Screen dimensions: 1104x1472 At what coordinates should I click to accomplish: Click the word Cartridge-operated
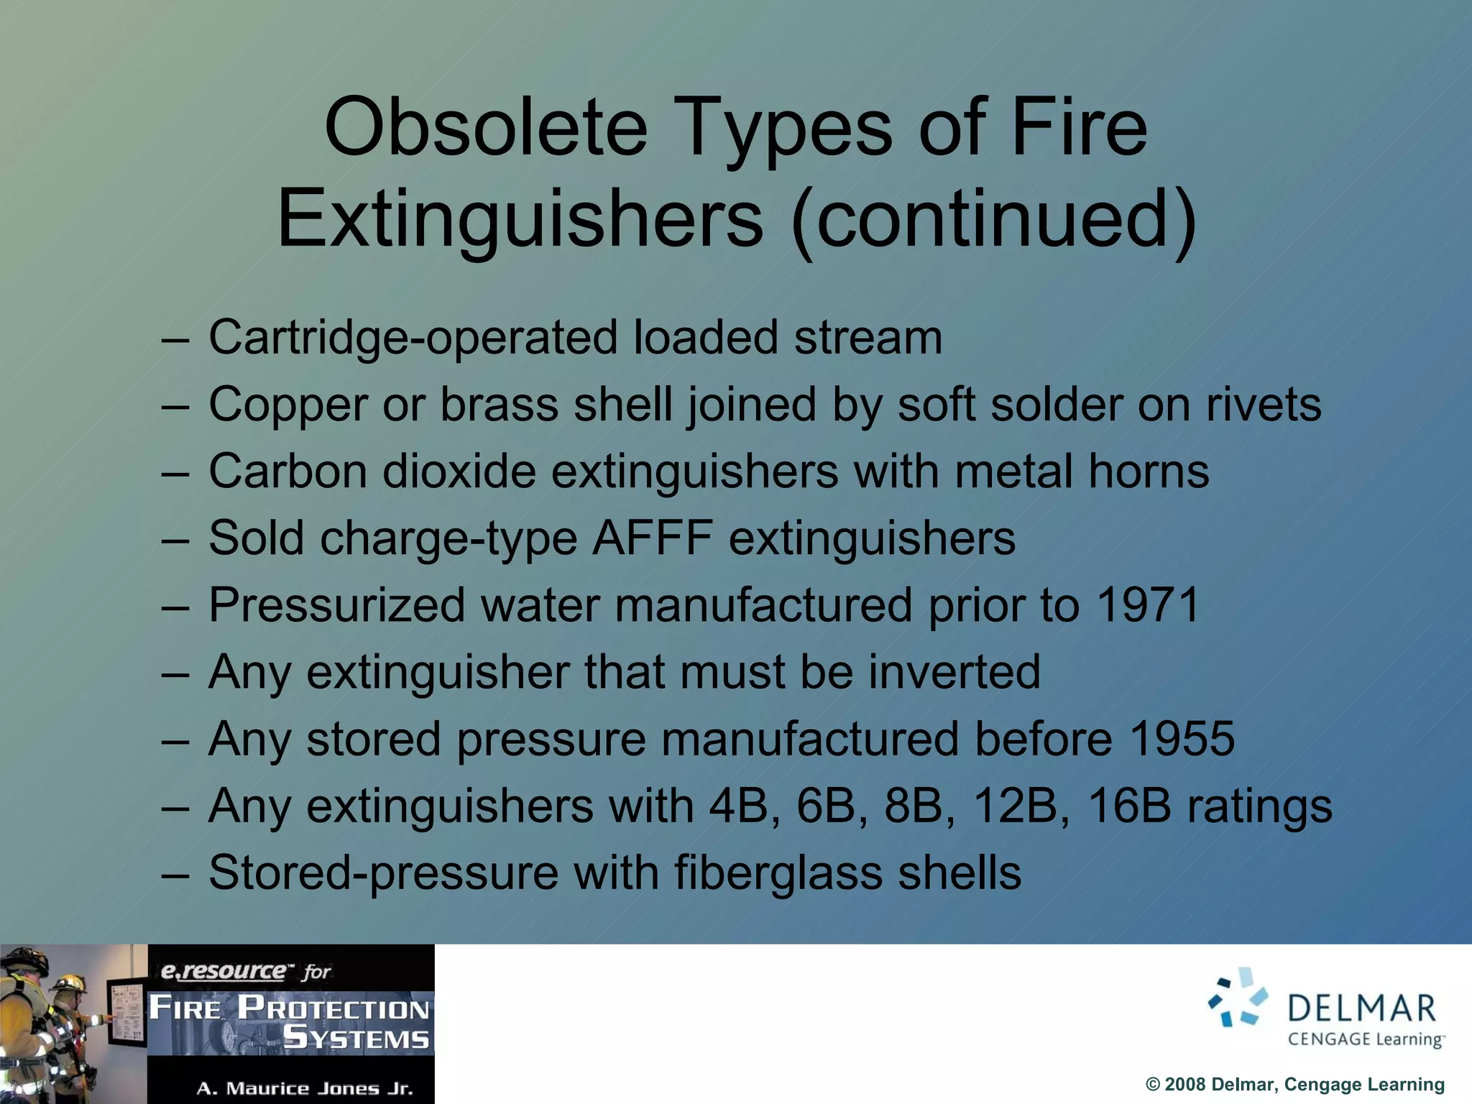(413, 337)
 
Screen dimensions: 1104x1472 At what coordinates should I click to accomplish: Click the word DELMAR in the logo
(1362, 1008)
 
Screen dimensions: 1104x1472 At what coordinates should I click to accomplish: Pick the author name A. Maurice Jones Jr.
(305, 1088)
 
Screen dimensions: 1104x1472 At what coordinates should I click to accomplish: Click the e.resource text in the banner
(223, 971)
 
